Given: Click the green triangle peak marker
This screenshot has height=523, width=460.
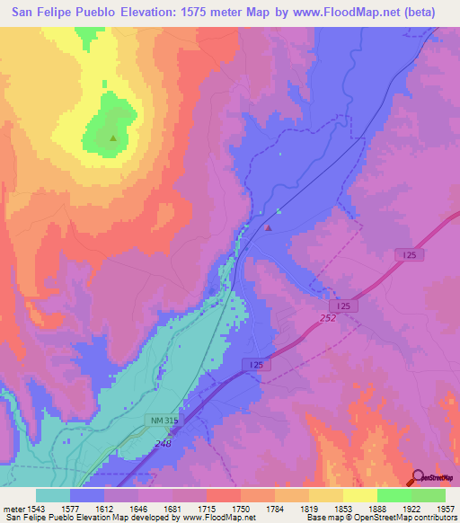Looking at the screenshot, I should [112, 138].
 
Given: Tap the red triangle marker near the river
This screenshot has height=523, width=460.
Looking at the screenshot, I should [268, 227].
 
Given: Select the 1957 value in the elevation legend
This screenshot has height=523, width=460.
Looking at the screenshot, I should [445, 509].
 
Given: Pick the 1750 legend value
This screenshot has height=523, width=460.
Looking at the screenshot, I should [241, 509].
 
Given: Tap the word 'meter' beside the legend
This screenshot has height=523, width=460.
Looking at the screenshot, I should [13, 509].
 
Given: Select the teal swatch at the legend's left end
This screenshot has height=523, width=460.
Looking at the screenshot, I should [53, 495].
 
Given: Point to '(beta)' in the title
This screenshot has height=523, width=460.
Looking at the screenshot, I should [418, 13].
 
